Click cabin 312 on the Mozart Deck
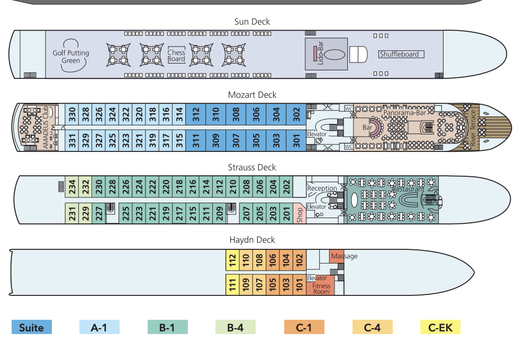coord(196,114)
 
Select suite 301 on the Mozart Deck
coord(296,140)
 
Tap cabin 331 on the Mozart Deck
coord(72,140)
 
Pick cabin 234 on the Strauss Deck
coord(72,186)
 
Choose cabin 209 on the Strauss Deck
coord(220,213)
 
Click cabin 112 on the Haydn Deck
coord(232,260)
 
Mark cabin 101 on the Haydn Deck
coord(300,285)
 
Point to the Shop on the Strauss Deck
coord(300,214)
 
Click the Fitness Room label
coord(321,289)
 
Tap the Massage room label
coord(344,256)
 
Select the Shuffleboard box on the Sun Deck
coord(401,54)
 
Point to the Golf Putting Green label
coord(71,57)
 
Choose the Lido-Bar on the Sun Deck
coord(320,53)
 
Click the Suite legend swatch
coord(32,327)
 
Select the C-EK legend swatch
coord(440,327)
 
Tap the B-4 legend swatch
coord(235,327)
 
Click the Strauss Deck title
coord(252,167)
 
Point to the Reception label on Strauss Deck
coord(322,188)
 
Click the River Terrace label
coord(473,128)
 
